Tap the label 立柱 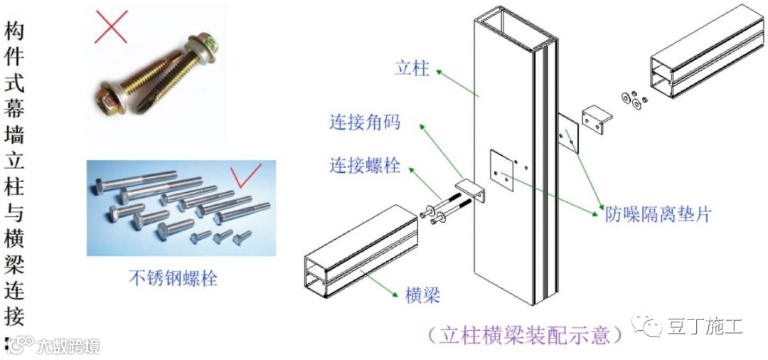412,68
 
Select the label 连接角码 365,122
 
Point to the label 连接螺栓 365,166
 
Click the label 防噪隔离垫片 657,214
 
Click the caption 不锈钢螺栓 173,278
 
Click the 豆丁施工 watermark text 705,327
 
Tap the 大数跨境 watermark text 68,346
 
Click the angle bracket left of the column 471,192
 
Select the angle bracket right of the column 596,117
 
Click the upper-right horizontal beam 707,57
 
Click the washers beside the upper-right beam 633,100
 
